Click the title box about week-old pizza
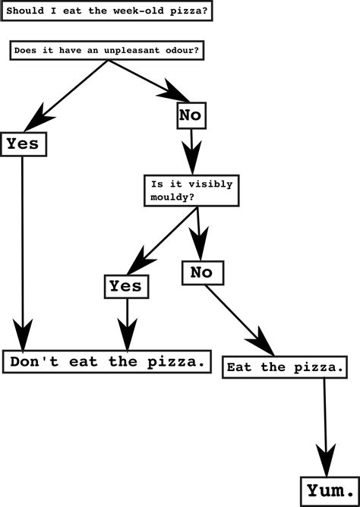pos(106,13)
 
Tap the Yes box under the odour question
pos(23,143)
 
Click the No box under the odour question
pos(191,115)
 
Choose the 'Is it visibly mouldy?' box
pos(191,191)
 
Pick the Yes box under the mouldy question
pos(125,286)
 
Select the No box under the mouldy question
pos(201,272)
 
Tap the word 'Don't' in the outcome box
pos(29,362)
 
